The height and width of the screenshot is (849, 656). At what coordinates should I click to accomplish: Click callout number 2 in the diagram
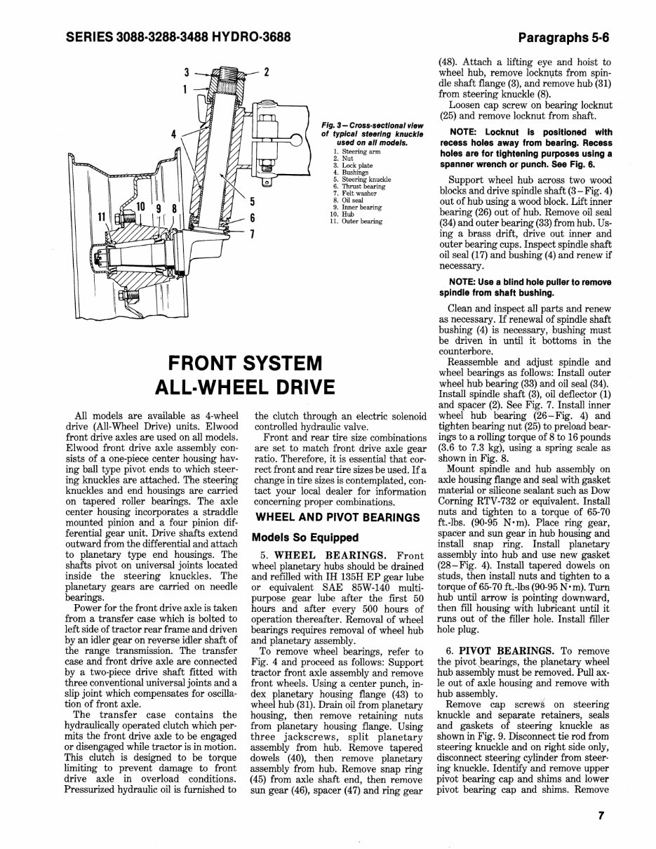click(267, 72)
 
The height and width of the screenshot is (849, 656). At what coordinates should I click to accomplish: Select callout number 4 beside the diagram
click(173, 133)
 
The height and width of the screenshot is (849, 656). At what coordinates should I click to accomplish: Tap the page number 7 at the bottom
click(601, 815)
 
